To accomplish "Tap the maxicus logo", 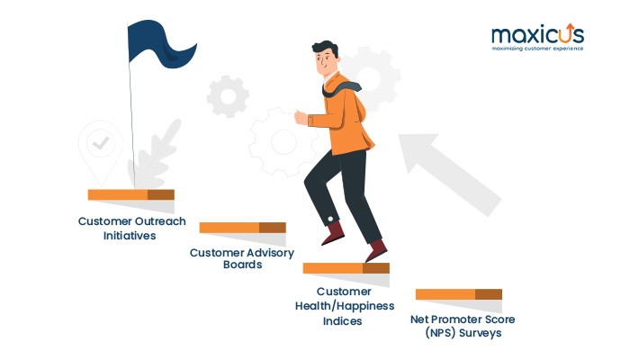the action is [538, 38].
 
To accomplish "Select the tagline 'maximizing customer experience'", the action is [537, 49].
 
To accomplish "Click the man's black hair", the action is [326, 49].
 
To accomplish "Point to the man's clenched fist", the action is [301, 118].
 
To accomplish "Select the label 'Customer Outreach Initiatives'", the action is [131, 229].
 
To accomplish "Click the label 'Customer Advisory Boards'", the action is [242, 258].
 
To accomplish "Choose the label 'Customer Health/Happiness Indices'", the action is [345, 306].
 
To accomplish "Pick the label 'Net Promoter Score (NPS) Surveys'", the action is [463, 326].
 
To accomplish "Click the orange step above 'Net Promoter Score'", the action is [459, 294].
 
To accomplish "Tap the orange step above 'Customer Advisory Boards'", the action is [243, 228].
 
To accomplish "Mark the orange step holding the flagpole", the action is [131, 194].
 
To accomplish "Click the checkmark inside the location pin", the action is [101, 143].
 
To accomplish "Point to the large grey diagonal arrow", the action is [449, 174].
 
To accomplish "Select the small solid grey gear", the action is [228, 96].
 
